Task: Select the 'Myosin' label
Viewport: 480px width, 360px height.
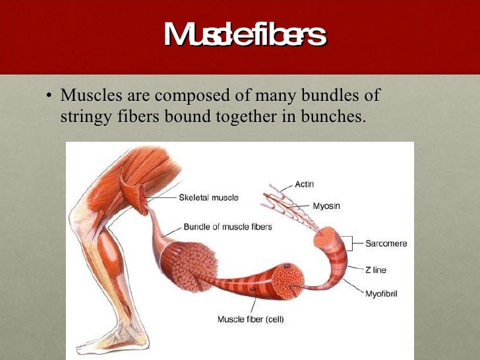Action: tap(327, 206)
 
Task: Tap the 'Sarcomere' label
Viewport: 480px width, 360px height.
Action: tap(386, 243)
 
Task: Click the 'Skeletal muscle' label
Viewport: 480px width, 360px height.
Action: tap(208, 197)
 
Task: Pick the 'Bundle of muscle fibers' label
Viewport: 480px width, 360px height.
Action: tap(227, 227)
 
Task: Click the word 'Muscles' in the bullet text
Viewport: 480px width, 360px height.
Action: tap(86, 96)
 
